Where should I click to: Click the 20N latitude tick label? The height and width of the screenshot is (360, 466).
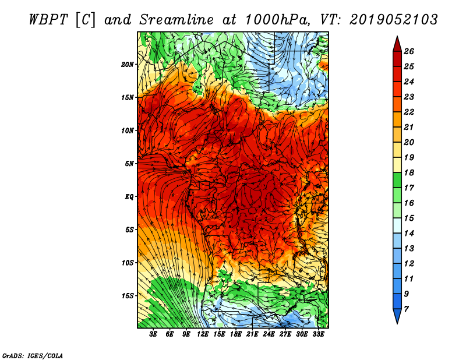point(127,65)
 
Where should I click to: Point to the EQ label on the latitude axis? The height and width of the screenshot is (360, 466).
point(129,197)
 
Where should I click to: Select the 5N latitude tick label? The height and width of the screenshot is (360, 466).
point(129,164)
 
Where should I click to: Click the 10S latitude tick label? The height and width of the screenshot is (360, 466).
point(127,263)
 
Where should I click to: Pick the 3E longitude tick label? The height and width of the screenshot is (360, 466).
point(153,334)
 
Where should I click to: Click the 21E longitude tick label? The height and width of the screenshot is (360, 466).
point(252,334)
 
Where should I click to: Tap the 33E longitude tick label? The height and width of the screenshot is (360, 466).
point(318,334)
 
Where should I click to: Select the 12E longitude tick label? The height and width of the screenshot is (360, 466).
point(203,334)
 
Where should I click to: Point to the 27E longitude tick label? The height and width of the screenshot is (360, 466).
point(285,334)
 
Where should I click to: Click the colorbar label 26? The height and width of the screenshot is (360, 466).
point(409,51)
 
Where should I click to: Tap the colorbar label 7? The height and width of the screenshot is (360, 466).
point(406,309)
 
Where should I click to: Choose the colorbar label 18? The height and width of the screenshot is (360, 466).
point(409,172)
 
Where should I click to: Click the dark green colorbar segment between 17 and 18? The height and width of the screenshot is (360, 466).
point(397,180)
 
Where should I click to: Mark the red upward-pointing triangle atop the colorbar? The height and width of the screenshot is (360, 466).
point(397,44)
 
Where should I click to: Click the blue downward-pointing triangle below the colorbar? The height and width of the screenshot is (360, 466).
point(397,316)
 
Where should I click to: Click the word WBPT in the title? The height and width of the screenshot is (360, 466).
point(49,20)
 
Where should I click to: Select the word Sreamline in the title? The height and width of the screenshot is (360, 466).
point(176,20)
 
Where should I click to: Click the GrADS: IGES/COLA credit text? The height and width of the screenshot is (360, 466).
point(33,355)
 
